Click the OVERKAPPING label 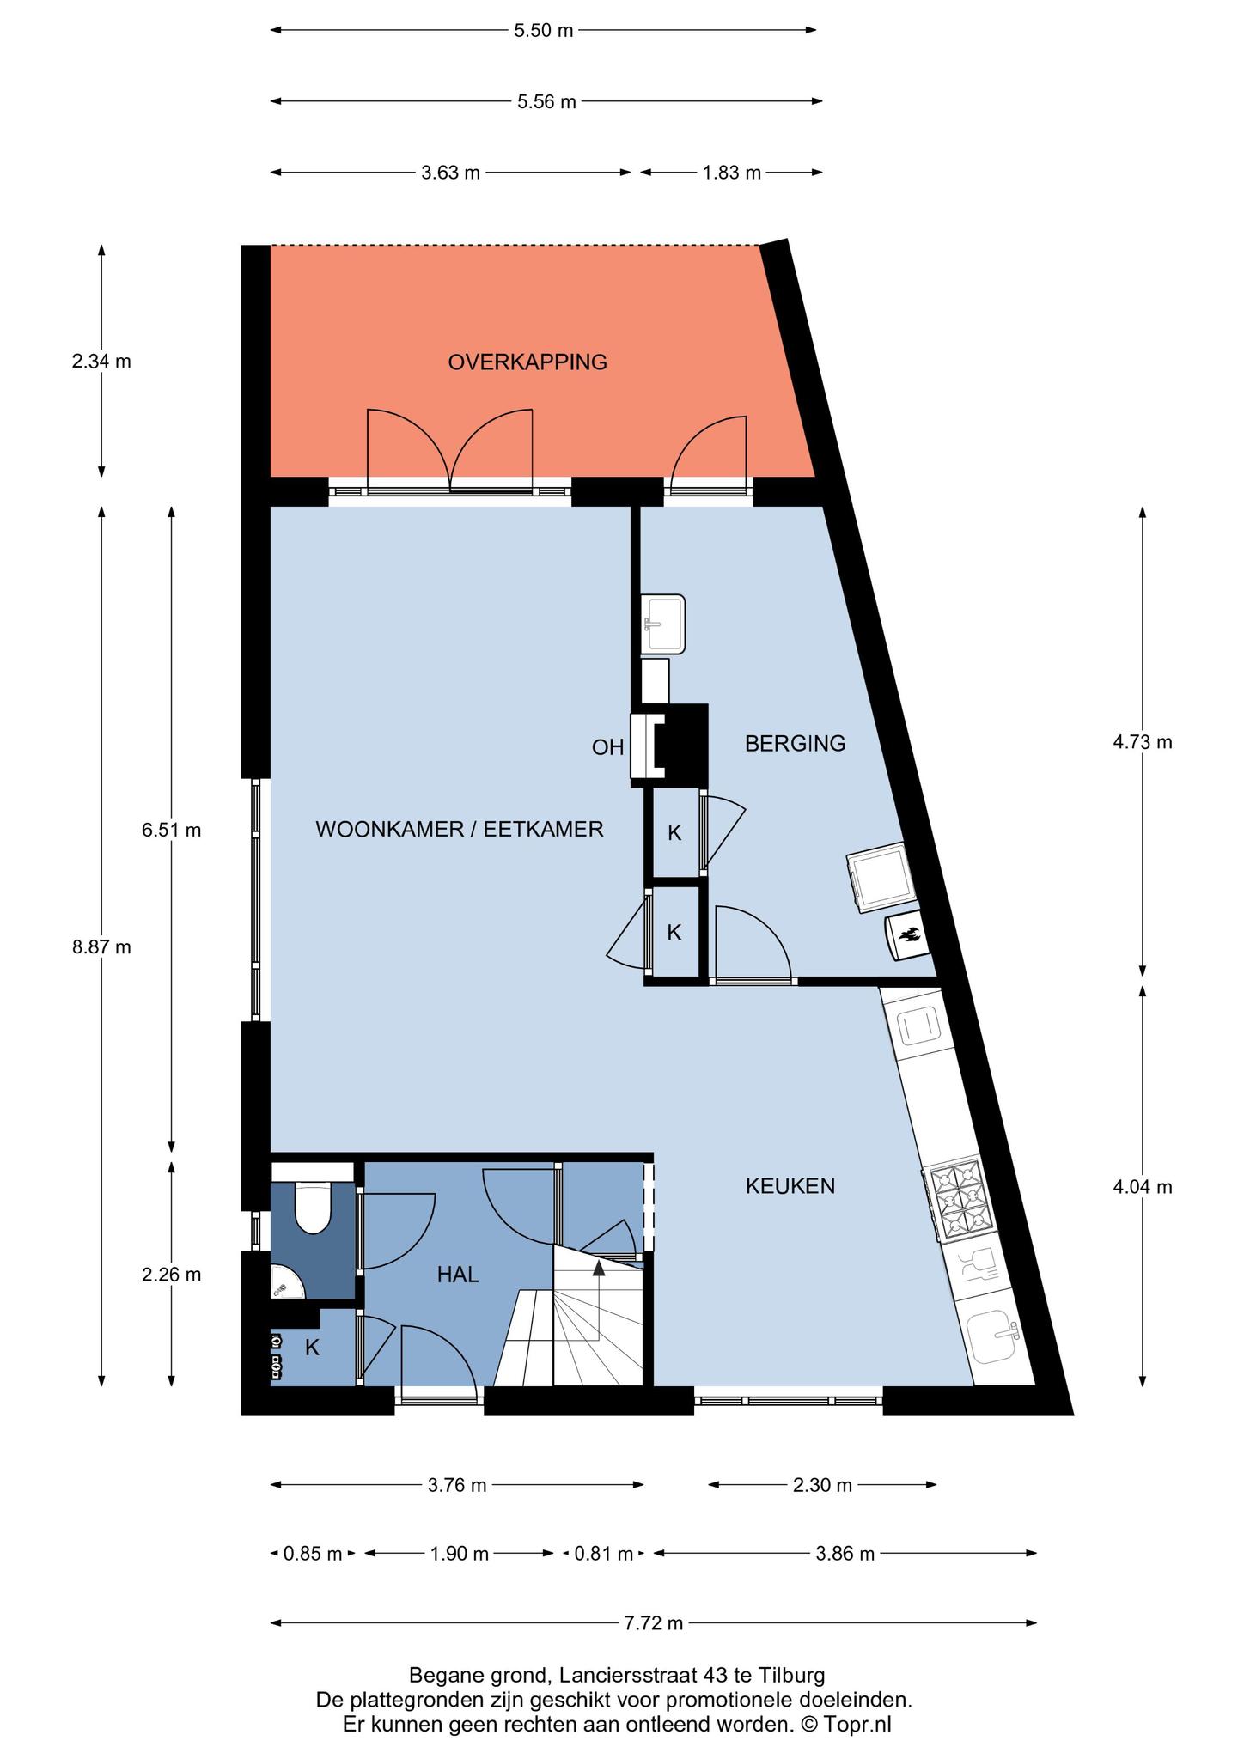pyautogui.click(x=527, y=362)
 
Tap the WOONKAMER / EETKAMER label pyautogui.click(x=460, y=830)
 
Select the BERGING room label pyautogui.click(x=795, y=744)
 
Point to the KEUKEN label pyautogui.click(x=790, y=1186)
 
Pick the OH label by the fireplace pyautogui.click(x=607, y=747)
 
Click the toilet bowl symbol pyautogui.click(x=313, y=1207)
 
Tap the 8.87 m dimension pyautogui.click(x=101, y=946)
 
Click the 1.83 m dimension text pyautogui.click(x=732, y=173)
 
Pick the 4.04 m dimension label pyautogui.click(x=1143, y=1187)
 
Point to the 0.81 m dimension pyautogui.click(x=604, y=1553)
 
